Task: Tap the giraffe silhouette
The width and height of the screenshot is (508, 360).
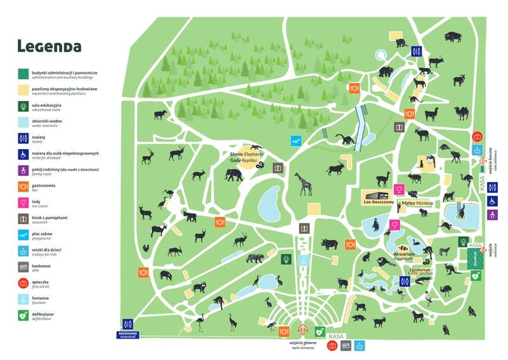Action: pyautogui.click(x=304, y=185)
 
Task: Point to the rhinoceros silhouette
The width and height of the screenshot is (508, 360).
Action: pyautogui.click(x=331, y=244)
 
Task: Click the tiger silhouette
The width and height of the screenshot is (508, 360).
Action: pyautogui.click(x=257, y=258)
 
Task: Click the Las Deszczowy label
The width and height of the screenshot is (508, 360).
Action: pyautogui.click(x=379, y=203)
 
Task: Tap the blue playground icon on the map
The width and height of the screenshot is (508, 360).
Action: pyautogui.click(x=295, y=140)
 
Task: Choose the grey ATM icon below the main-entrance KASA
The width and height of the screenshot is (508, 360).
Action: pyautogui.click(x=346, y=345)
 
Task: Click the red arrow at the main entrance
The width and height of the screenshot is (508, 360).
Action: pyautogui.click(x=304, y=330)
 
